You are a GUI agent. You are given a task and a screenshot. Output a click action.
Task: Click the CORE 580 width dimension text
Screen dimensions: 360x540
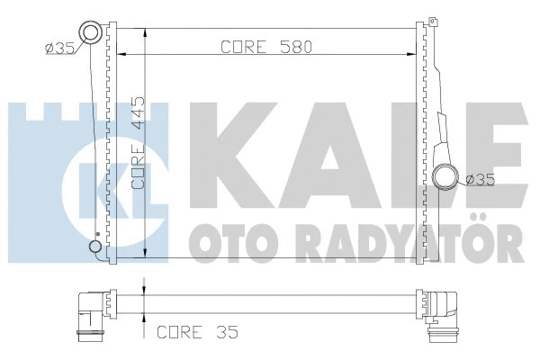tap(265, 49)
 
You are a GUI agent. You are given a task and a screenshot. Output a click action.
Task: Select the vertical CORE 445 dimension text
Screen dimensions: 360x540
tap(139, 143)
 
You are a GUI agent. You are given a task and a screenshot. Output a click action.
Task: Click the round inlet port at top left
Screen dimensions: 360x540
tap(92, 33)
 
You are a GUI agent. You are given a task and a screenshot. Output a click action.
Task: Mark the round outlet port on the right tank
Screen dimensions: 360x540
tap(445, 175)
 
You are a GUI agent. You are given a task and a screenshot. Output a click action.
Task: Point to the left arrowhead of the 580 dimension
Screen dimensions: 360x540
tap(126, 56)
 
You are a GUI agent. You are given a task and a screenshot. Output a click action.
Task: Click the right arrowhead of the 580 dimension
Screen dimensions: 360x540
tap(412, 56)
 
